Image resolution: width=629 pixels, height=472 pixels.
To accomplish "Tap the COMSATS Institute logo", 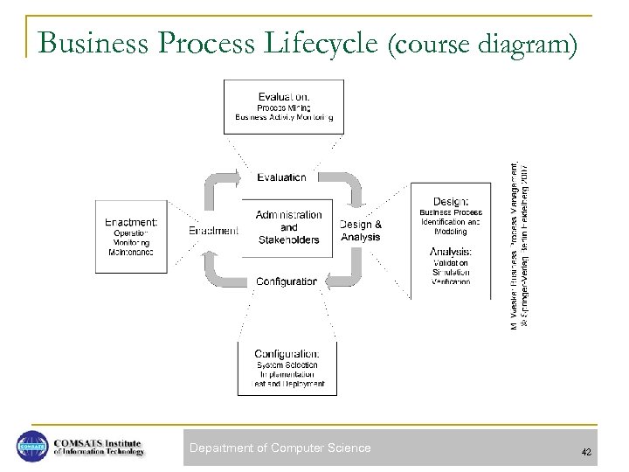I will [x=80, y=446].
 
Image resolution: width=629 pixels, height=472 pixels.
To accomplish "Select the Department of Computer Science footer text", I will [x=280, y=448].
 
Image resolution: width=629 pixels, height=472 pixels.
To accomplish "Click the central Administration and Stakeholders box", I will [x=287, y=227].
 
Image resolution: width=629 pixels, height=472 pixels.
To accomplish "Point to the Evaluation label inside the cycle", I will [x=281, y=177].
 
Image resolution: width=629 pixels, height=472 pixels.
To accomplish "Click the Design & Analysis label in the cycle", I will [x=360, y=230].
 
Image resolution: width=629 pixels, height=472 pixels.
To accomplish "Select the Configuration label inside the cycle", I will [x=286, y=281].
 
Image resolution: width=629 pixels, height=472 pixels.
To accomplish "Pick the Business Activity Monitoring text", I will [x=284, y=117].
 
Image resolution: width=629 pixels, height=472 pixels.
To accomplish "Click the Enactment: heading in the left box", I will [x=132, y=222].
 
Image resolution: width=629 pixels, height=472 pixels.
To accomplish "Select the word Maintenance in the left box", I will [x=132, y=253].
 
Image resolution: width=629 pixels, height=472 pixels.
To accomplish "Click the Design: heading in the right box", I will [x=450, y=200].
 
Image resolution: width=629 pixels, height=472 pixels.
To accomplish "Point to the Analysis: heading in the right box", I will [x=450, y=252].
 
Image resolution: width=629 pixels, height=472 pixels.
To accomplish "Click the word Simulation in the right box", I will [x=450, y=273].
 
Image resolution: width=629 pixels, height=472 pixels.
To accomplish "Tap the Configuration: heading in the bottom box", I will [x=287, y=352].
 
